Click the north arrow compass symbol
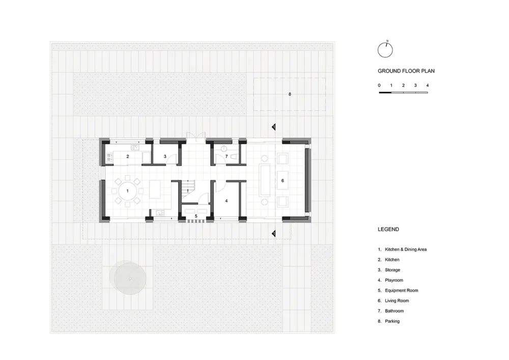coord(385,50)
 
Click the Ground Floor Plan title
coord(406,71)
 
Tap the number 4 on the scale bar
coord(428,86)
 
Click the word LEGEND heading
coord(388,229)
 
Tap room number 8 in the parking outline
coord(290,94)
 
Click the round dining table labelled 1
coord(128,191)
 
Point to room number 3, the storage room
coord(165,156)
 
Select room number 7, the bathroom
coord(227,156)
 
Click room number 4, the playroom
coord(227,201)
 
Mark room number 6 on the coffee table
coord(282,180)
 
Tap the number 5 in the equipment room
coord(196,216)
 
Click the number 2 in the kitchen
coord(128,156)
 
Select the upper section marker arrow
coord(274,127)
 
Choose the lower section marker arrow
coord(274,233)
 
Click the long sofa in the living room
coord(265,180)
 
